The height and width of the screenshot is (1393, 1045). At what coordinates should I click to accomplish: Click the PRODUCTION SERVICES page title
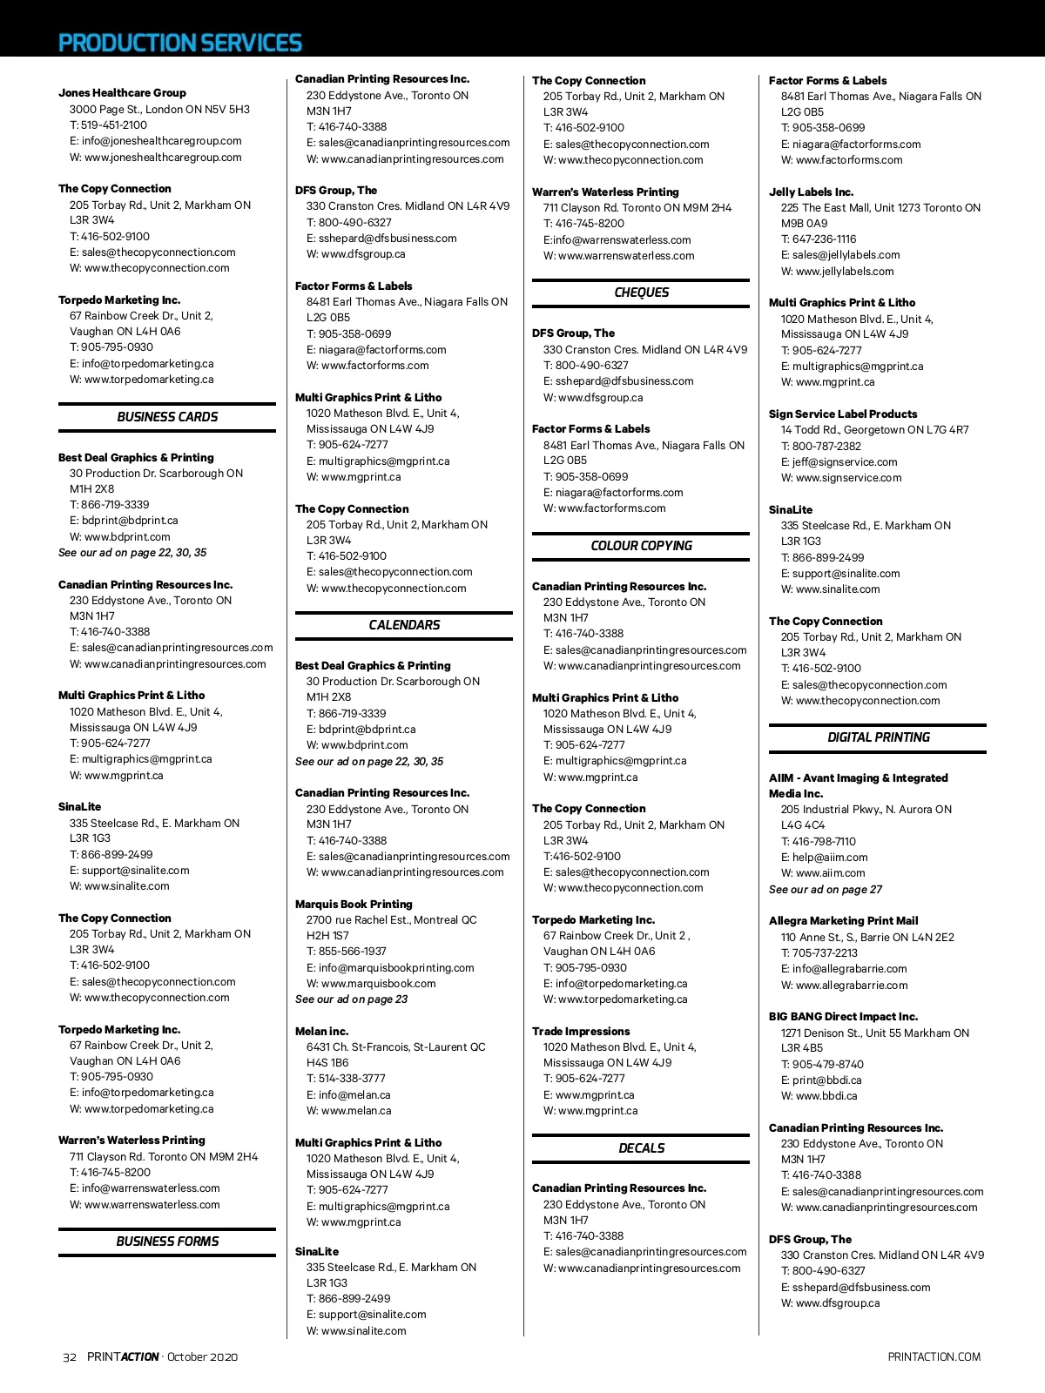point(179,43)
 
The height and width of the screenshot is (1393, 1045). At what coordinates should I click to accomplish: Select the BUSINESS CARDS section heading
point(167,417)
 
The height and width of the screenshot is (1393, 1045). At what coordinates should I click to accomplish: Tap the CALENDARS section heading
point(404,625)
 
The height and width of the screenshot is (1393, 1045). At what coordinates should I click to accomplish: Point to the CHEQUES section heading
point(641,293)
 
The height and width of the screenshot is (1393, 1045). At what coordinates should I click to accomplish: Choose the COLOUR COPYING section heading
point(641,546)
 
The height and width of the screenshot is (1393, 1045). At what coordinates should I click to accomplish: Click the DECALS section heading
point(641,1148)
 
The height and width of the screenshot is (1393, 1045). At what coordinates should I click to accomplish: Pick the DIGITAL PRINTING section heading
point(878,737)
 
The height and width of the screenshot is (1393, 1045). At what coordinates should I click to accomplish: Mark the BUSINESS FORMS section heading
point(167,1242)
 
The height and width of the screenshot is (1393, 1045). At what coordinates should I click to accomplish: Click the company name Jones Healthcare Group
point(122,92)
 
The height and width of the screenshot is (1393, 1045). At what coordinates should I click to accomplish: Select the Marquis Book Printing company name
point(354,904)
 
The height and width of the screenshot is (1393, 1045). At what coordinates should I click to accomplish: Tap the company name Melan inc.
point(321,1031)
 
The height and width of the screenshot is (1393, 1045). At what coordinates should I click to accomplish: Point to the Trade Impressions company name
point(581,1031)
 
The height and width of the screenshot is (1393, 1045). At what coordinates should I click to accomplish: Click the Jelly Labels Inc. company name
point(811,192)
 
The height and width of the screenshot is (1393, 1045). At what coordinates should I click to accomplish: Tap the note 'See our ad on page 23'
point(351,999)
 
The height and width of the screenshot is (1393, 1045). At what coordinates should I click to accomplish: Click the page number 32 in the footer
point(70,1356)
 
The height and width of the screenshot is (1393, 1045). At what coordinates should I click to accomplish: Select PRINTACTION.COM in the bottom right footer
point(934,1356)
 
